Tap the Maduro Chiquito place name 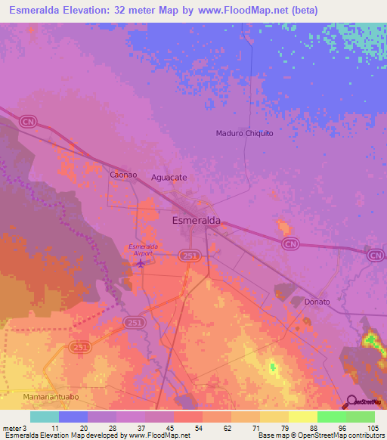[244, 133]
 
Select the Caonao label [123, 175]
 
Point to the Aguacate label [169, 177]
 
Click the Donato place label [317, 302]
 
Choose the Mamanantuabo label [51, 396]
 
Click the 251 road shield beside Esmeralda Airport [190, 257]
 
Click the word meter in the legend [11, 428]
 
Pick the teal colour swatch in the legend [45, 417]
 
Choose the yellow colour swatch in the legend [302, 417]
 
